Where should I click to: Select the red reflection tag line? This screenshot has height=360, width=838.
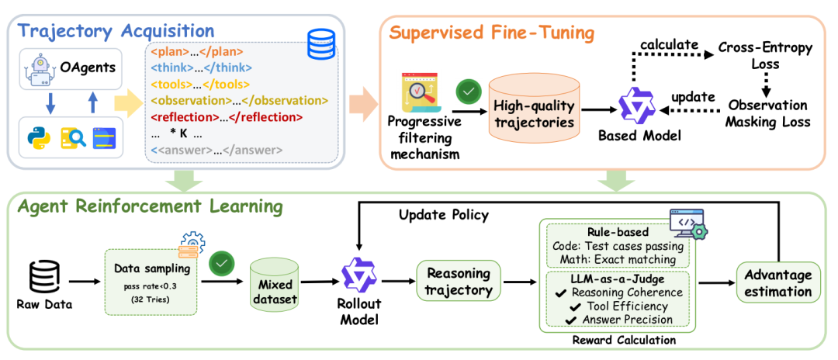(x=227, y=116)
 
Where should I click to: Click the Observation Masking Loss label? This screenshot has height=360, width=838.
(x=768, y=114)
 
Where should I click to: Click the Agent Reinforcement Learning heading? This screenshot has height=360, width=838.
(x=149, y=207)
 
